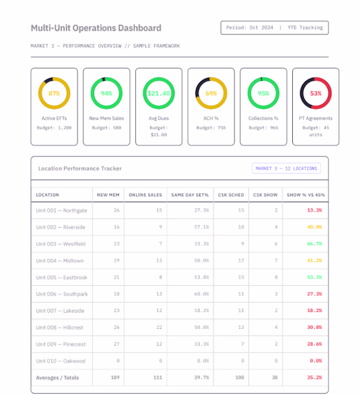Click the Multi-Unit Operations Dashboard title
(x=96, y=28)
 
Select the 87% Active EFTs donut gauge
(x=54, y=93)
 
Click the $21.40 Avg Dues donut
(x=159, y=93)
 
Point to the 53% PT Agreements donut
(x=315, y=93)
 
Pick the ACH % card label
(x=211, y=118)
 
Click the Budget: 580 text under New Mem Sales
(x=107, y=128)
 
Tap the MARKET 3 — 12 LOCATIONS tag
(x=287, y=168)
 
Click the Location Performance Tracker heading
(x=80, y=168)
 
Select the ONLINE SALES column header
(x=145, y=195)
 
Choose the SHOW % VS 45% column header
(x=305, y=195)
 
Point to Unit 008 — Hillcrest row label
(x=60, y=327)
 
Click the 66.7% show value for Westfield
(x=314, y=244)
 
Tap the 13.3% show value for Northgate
(x=314, y=210)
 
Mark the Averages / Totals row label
(x=58, y=378)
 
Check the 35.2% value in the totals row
(x=314, y=378)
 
